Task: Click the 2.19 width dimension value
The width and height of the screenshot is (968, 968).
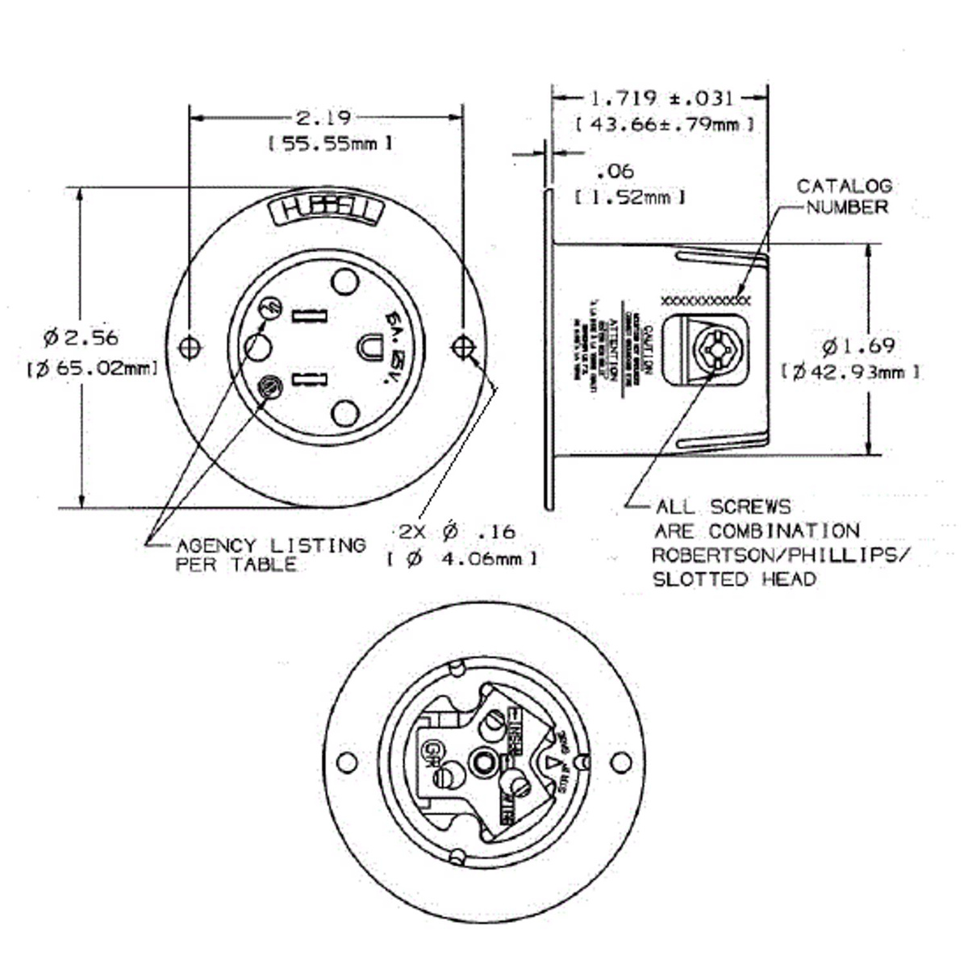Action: [323, 118]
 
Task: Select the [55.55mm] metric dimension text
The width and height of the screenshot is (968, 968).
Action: [330, 144]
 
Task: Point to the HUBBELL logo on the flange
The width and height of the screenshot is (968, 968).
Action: [326, 211]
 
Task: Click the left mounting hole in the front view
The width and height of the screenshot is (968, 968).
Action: [189, 348]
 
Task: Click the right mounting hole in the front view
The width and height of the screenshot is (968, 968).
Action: [462, 347]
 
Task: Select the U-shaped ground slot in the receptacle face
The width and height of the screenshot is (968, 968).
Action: [369, 348]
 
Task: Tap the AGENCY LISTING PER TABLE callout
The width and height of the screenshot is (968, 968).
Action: [270, 555]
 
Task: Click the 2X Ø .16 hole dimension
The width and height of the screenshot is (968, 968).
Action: [457, 532]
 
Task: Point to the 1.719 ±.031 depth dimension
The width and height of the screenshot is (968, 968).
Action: [661, 98]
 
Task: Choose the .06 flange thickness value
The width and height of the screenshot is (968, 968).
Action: [615, 171]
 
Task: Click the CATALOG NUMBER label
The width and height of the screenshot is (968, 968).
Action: [845, 196]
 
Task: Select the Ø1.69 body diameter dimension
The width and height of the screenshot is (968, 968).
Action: [858, 346]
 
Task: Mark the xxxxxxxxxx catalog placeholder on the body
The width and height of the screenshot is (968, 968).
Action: [705, 301]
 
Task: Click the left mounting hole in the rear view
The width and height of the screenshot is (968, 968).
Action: [346, 762]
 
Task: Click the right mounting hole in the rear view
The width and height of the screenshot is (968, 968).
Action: [620, 762]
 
